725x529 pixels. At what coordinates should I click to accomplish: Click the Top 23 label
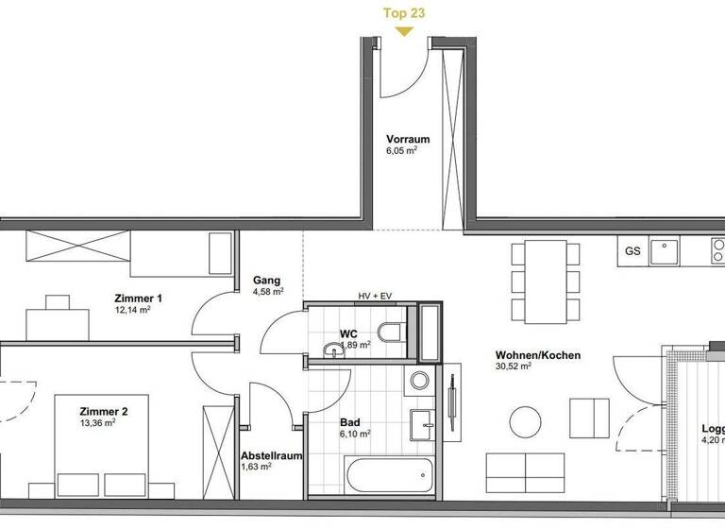click(x=403, y=12)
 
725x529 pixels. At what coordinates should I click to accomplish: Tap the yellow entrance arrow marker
click(x=403, y=30)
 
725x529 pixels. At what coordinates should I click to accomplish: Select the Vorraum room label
click(x=407, y=139)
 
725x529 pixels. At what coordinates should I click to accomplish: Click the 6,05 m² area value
click(x=401, y=150)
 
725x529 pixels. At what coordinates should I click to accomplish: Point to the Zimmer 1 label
click(x=138, y=299)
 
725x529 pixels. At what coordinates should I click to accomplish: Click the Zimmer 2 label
click(x=103, y=412)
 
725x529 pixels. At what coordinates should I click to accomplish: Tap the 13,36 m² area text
click(x=97, y=423)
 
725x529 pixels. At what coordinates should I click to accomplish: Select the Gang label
click(x=264, y=281)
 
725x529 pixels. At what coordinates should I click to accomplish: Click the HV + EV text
click(x=376, y=296)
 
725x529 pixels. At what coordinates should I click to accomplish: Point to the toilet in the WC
click(x=389, y=332)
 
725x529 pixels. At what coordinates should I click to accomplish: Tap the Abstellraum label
click(x=271, y=455)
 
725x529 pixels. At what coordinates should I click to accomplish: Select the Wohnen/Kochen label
click(x=537, y=356)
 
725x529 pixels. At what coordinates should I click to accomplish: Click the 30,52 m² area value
click(x=514, y=367)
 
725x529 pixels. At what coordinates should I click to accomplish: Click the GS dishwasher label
click(x=632, y=250)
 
